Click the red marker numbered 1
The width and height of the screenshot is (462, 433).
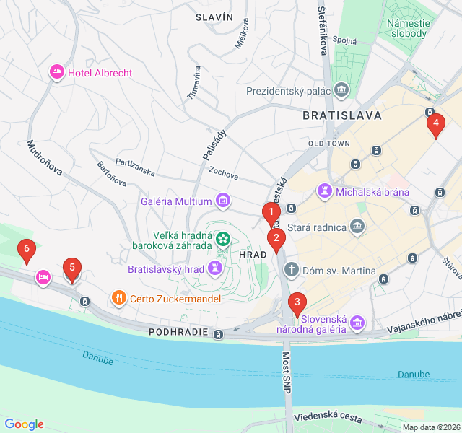tap(271, 212)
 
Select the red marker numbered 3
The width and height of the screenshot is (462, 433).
tap(296, 302)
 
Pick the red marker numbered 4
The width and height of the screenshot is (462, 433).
tap(435, 123)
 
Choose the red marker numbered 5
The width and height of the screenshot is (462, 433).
tap(71, 268)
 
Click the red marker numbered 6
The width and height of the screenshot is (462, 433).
tap(27, 250)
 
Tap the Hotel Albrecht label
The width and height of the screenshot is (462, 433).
tap(100, 72)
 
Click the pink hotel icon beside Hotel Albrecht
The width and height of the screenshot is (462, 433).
tap(56, 72)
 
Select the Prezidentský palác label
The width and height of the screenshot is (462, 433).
tap(288, 92)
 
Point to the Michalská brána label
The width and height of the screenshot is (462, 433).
tap(373, 192)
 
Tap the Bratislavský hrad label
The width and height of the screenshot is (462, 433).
tap(165, 269)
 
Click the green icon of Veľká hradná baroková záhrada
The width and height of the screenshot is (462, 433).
tap(222, 237)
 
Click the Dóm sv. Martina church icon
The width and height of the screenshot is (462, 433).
tap(292, 271)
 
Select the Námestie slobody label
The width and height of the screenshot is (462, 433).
tap(409, 28)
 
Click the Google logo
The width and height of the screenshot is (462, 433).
tap(24, 424)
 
